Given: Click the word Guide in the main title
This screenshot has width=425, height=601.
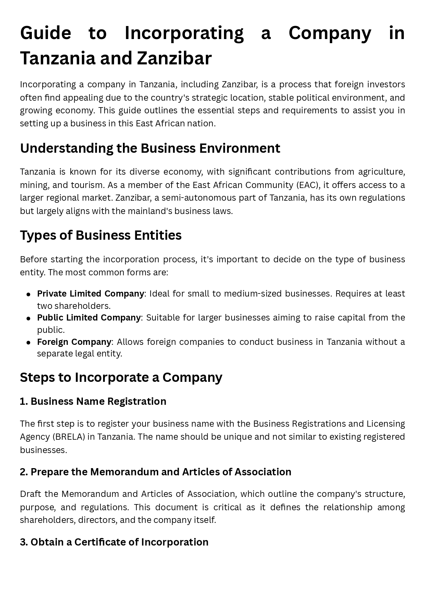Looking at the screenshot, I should click(x=45, y=33).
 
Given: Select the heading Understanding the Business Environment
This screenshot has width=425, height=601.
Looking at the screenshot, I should click(x=150, y=148).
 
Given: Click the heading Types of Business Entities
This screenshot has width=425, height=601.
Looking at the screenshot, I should click(x=101, y=235).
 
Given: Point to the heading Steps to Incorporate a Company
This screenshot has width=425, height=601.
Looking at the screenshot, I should click(x=121, y=377).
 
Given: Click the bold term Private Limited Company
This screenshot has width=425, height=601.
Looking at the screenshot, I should click(x=90, y=293).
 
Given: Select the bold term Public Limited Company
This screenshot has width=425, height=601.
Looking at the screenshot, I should click(x=89, y=317).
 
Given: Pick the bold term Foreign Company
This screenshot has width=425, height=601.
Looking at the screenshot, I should click(x=74, y=342).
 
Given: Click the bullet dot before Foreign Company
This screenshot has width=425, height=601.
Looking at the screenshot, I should click(x=29, y=342).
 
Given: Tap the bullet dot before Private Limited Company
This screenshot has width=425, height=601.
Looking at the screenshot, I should click(x=29, y=294).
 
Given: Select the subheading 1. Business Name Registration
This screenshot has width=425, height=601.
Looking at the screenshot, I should click(x=93, y=401).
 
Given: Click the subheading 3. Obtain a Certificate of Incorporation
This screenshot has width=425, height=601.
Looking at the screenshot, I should click(x=114, y=542).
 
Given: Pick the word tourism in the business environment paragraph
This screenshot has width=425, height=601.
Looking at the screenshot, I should click(x=87, y=185).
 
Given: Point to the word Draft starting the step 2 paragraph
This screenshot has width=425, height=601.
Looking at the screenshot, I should click(x=31, y=494).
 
